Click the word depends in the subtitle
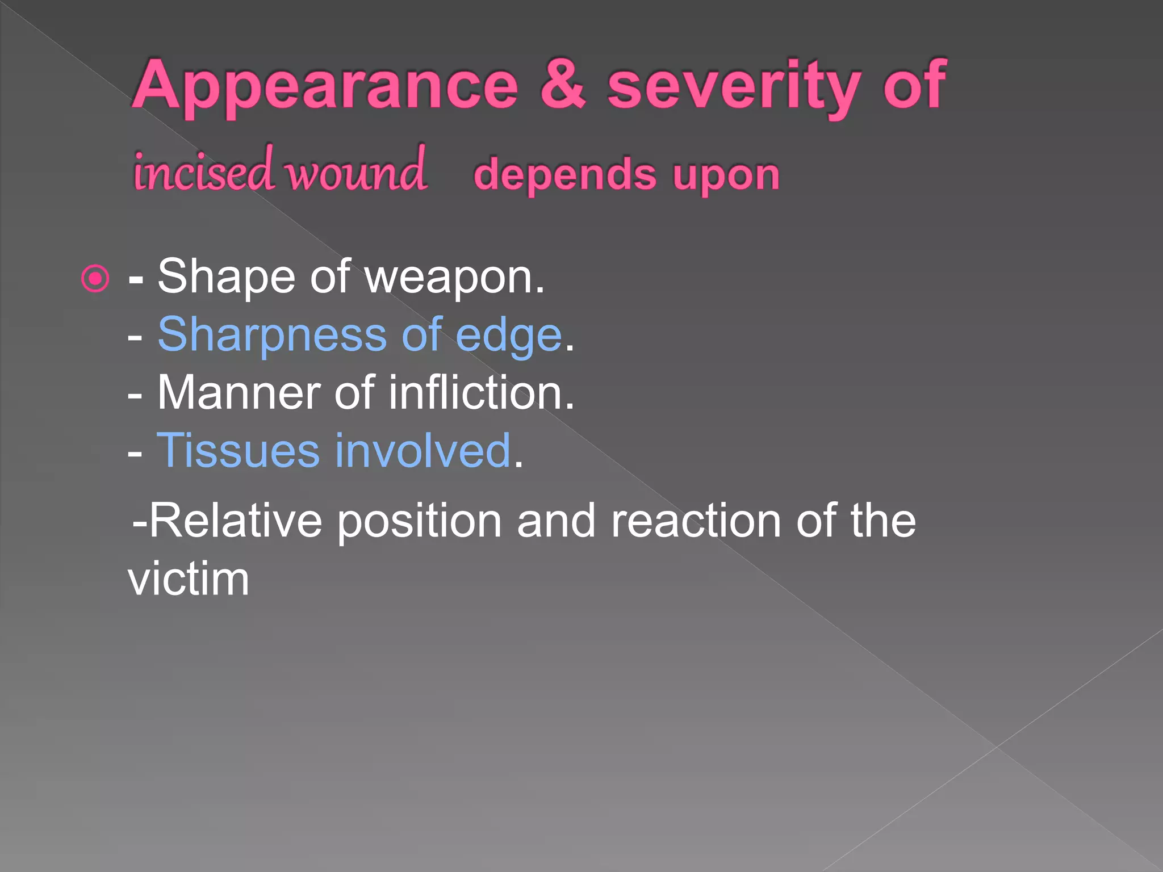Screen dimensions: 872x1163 [x=565, y=175]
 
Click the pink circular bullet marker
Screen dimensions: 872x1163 [x=95, y=279]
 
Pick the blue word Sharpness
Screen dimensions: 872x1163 [x=272, y=335]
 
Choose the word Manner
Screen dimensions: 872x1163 [x=238, y=393]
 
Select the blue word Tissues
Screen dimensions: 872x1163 [x=238, y=451]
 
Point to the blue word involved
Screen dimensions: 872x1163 [x=422, y=451]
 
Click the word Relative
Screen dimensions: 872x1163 [x=236, y=521]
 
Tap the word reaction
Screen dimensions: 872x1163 [x=696, y=521]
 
